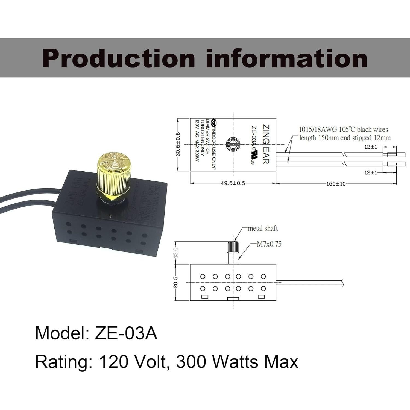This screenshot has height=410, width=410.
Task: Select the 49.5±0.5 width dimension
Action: click(x=233, y=183)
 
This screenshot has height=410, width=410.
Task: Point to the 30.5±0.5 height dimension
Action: click(x=178, y=144)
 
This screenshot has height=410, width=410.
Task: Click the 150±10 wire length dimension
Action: click(x=336, y=184)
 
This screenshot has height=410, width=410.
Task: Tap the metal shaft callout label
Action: click(x=263, y=228)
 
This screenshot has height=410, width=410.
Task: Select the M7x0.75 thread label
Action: click(x=269, y=244)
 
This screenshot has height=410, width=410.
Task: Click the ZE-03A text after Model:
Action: click(x=126, y=333)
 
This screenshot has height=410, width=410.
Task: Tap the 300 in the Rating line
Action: click(x=191, y=362)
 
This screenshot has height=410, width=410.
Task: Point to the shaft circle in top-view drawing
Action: click(x=233, y=144)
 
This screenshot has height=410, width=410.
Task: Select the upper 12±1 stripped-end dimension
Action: click(x=371, y=147)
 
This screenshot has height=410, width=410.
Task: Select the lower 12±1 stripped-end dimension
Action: click(x=371, y=172)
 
